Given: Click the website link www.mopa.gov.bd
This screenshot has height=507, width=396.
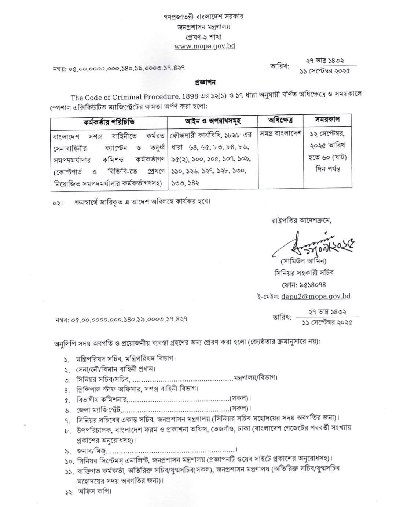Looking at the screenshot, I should [x=204, y=46].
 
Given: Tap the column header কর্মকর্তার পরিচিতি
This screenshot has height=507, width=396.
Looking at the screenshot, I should [x=109, y=121].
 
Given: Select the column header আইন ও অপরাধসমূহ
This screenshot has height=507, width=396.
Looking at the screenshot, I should [x=213, y=121].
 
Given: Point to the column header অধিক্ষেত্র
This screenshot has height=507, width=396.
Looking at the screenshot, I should [x=280, y=120].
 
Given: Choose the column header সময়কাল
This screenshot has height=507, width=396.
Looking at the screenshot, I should [x=327, y=119].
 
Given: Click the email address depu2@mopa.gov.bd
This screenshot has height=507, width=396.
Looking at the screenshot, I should [x=316, y=296].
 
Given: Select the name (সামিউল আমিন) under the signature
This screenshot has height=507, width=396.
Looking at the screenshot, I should [x=304, y=262].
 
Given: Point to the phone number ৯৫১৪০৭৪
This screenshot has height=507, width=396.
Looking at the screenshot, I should [x=307, y=284].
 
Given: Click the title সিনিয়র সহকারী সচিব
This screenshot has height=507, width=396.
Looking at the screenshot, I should [x=304, y=273].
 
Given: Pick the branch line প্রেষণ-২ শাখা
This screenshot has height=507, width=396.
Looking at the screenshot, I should [x=204, y=37].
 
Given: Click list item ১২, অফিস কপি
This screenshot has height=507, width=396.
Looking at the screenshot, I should [x=93, y=492].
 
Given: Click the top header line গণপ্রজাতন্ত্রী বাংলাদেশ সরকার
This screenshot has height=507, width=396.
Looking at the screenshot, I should [x=204, y=17].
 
